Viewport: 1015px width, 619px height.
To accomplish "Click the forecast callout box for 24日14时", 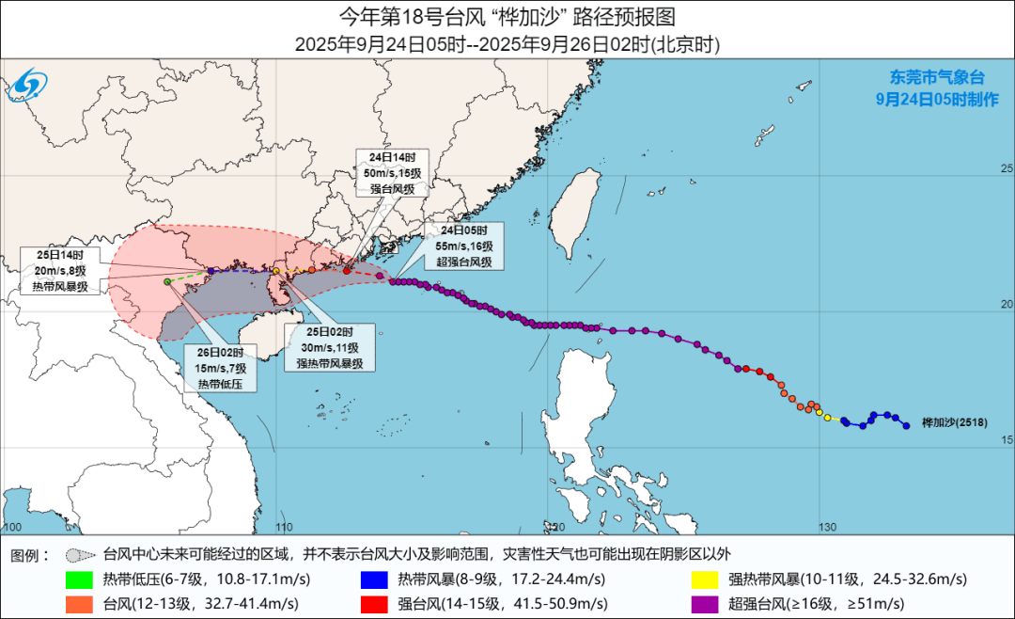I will coord(392,172).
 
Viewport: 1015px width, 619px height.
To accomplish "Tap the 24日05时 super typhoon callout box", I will coord(463,246).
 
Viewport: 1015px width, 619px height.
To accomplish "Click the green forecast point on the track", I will coord(167,281).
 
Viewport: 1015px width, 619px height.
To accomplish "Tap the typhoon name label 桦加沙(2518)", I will coord(954,424).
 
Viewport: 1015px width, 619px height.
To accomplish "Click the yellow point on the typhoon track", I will coord(828,418).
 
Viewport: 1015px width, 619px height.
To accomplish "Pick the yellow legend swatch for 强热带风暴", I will coord(705,579).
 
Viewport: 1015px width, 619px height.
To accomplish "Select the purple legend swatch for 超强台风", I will coord(705,603).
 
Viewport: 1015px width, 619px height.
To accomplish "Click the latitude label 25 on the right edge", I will coord(1007,168).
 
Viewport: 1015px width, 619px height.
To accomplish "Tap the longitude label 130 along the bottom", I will coord(826,526).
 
